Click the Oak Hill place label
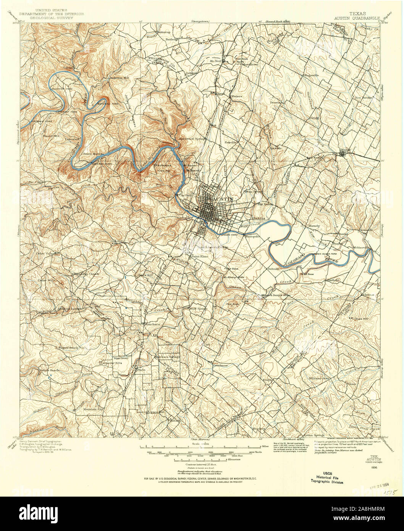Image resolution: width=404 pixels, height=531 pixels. pyautogui.click(x=116, y=241)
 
